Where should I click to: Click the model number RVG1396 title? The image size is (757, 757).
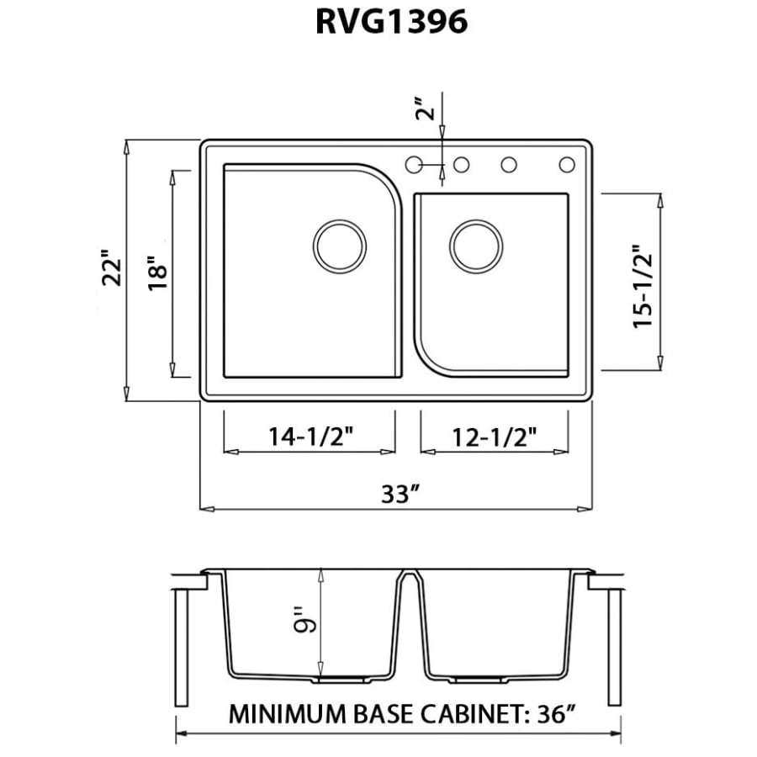(391, 23)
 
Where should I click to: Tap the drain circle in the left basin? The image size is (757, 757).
(341, 246)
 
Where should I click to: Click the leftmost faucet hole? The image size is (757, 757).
(414, 165)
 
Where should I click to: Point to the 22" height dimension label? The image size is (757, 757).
(111, 267)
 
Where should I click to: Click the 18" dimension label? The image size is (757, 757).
(157, 273)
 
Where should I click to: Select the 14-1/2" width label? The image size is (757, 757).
(310, 436)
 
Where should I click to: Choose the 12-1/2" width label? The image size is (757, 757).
(495, 436)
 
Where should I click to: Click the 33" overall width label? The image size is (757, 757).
(400, 494)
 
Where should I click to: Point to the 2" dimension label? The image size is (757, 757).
(426, 110)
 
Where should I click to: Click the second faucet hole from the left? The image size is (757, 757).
(461, 165)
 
